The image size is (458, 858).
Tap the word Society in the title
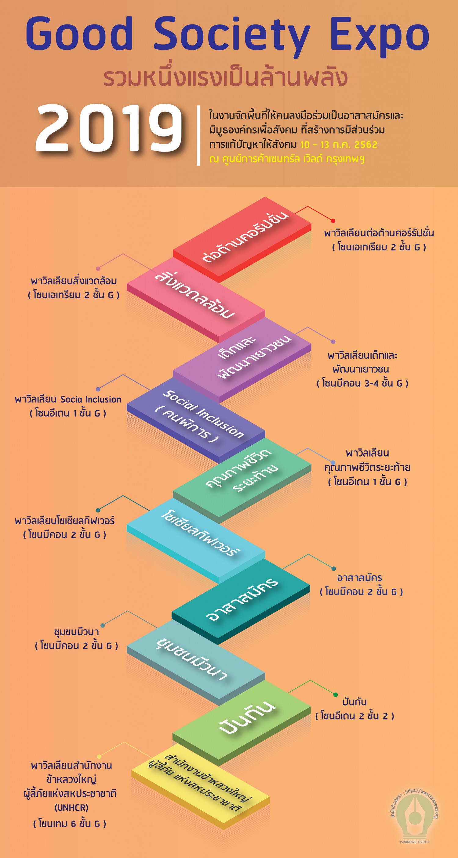pos(231,35)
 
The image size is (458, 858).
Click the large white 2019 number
pos(109,128)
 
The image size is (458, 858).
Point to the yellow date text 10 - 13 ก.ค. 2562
pos(339,145)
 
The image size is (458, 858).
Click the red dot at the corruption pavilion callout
pos(333,221)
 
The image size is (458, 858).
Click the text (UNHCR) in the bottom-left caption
pos(71,807)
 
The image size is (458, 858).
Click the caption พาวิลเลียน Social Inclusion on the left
pos(68,399)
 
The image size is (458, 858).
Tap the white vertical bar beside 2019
pos(199,135)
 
